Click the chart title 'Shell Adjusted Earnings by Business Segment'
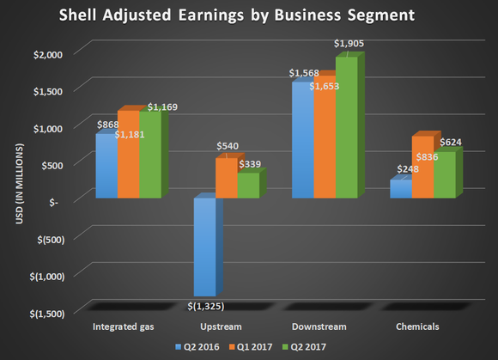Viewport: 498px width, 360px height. click(249, 17)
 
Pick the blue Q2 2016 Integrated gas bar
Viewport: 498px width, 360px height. click(106, 168)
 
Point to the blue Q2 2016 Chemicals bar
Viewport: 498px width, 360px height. click(400, 189)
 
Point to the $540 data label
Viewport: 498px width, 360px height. click(227, 146)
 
